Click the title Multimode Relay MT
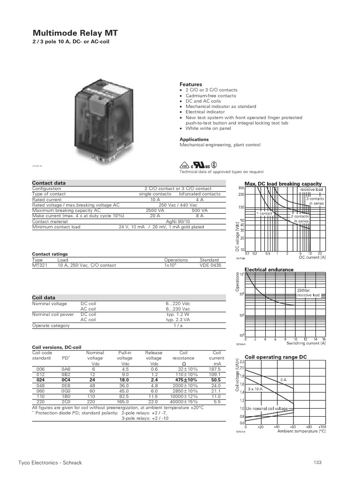point(75,33)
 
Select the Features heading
point(191,84)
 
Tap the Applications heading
point(194,139)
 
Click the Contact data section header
point(49,183)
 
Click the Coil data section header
point(44,297)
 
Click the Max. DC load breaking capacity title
point(283,183)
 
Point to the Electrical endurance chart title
point(269,270)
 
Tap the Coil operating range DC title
point(276,357)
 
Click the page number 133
point(317,463)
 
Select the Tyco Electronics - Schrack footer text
point(57,463)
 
